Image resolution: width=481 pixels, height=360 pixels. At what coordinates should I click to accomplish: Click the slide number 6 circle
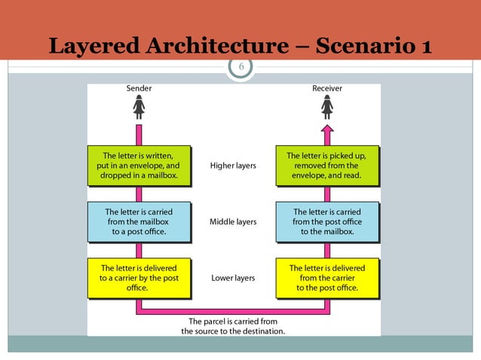click(241, 67)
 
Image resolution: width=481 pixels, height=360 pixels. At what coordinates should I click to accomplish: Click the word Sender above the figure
click(139, 88)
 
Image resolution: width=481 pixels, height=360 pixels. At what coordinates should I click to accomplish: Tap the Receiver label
click(327, 88)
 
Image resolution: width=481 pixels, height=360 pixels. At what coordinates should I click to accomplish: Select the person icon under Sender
click(139, 108)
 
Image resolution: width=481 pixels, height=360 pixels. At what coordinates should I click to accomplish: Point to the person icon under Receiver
click(327, 108)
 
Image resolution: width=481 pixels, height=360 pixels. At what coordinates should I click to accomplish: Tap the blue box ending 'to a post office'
click(139, 222)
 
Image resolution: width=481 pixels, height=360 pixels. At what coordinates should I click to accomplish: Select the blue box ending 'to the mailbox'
click(327, 222)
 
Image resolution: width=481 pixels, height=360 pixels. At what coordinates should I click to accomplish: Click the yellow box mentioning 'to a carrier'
click(139, 278)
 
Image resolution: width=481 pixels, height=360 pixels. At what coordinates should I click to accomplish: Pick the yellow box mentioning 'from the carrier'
click(327, 278)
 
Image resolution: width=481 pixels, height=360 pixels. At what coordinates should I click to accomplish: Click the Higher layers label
click(233, 166)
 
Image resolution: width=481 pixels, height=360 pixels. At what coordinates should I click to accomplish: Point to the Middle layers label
click(233, 222)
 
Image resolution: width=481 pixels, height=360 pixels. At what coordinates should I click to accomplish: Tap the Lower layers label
click(233, 278)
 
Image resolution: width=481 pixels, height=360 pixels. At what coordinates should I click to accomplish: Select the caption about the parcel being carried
click(233, 326)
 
